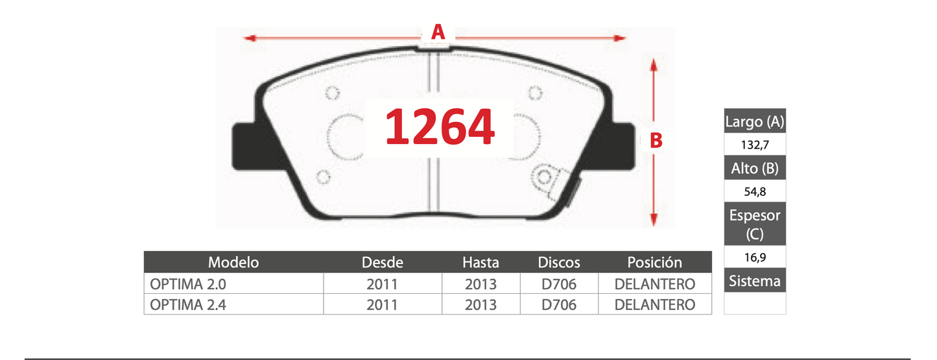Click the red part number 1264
440,126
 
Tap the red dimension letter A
438,32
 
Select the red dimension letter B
656,141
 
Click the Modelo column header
233,263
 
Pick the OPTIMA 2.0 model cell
188,284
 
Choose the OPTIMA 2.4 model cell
188,305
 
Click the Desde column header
383,263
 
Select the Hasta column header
480,263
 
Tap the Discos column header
559,263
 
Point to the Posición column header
655,263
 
